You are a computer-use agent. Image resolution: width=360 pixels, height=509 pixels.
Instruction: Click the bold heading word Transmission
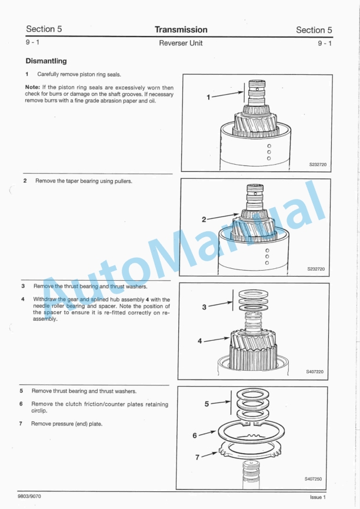pyautogui.click(x=181, y=29)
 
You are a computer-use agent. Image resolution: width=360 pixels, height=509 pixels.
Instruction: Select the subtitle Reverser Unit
pyautogui.click(x=181, y=44)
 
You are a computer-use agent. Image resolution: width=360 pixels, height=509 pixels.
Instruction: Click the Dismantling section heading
pyautogui.click(x=46, y=61)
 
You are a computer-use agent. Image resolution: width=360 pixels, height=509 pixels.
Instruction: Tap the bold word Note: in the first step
pyautogui.click(x=32, y=88)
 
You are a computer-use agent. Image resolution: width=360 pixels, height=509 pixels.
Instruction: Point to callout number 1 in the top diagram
pyautogui.click(x=208, y=97)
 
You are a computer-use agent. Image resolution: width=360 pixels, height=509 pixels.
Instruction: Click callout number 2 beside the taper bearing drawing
pyautogui.click(x=204, y=219)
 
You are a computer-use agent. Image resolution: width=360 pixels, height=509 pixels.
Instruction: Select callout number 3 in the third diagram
pyautogui.click(x=204, y=307)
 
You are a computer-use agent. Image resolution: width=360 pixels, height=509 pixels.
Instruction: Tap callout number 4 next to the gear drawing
pyautogui.click(x=200, y=341)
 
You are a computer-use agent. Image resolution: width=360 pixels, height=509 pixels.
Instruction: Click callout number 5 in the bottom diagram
pyautogui.click(x=206, y=404)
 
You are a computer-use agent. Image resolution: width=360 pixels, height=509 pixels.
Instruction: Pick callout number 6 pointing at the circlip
pyautogui.click(x=195, y=436)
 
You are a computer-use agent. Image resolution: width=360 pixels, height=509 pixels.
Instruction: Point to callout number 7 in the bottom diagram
pyautogui.click(x=198, y=456)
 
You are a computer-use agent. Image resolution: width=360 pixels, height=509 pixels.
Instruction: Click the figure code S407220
pyautogui.click(x=314, y=372)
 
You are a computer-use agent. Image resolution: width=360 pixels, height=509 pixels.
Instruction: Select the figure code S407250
pyautogui.click(x=313, y=479)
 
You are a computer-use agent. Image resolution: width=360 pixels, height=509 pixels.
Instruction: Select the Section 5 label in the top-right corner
pyautogui.click(x=314, y=29)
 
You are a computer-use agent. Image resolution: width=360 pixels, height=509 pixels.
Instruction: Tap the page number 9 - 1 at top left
pyautogui.click(x=33, y=43)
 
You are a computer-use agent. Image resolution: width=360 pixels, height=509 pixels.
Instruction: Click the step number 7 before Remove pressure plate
pyautogui.click(x=22, y=424)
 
